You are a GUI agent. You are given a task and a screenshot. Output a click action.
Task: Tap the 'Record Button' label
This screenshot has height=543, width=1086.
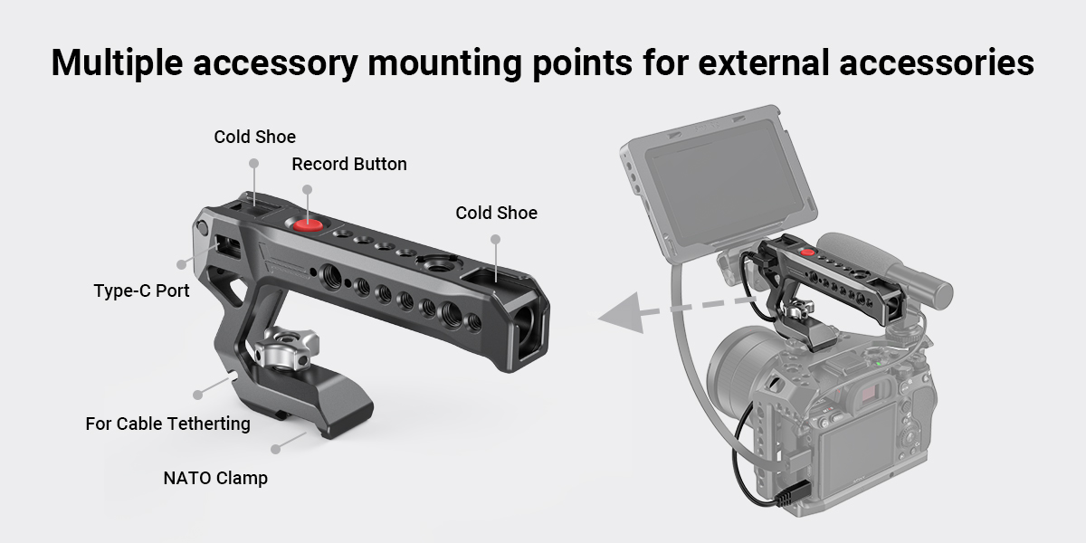point(348,164)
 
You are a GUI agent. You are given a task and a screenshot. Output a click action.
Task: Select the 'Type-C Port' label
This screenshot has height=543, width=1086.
point(141,291)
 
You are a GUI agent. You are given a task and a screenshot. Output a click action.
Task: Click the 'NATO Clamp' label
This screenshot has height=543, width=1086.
point(215,478)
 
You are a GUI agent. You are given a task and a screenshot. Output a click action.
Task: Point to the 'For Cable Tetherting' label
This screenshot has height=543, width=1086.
point(167,423)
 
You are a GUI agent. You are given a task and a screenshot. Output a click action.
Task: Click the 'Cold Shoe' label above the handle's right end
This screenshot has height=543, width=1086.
point(496,213)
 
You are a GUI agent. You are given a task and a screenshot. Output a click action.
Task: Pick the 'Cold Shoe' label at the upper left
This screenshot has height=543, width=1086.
point(254,137)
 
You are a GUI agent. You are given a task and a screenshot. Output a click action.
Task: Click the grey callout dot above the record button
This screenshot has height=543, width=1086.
point(307,189)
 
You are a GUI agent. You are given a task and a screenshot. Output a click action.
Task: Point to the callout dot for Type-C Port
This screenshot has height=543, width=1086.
point(183,265)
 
